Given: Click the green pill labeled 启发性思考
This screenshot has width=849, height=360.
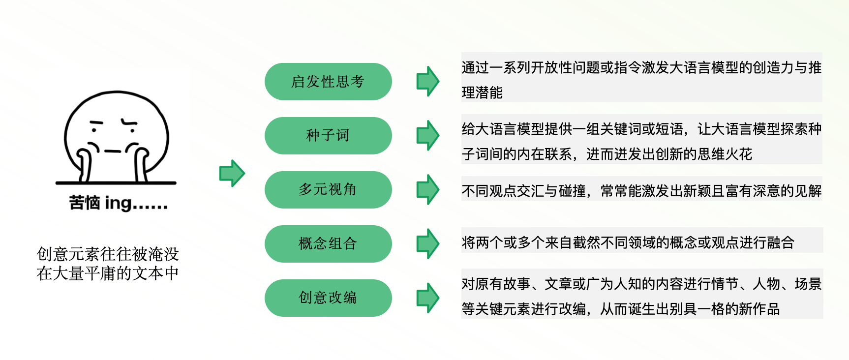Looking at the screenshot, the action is (328, 82).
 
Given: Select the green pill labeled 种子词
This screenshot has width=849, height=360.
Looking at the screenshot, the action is (328, 136).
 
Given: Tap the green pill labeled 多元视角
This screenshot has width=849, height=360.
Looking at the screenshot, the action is (328, 190).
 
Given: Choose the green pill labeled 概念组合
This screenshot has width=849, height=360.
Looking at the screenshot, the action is (328, 244).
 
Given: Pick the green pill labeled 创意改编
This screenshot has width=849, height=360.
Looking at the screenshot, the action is (328, 298).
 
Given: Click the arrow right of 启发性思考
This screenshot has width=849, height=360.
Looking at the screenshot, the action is (428, 81).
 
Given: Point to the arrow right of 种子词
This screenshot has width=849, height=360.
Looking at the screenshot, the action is (428, 135).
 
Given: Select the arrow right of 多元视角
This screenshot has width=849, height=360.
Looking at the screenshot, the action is (428, 189).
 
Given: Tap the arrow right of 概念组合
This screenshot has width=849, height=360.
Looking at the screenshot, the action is (428, 243).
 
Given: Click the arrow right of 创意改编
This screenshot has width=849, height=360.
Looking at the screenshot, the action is (428, 298).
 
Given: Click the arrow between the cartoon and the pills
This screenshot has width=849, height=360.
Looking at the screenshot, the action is (232, 173).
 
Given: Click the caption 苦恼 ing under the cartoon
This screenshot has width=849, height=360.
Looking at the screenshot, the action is (118, 203).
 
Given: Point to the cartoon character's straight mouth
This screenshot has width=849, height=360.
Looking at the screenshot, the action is (113, 151).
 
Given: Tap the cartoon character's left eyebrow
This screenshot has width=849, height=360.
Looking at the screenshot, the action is (96, 122).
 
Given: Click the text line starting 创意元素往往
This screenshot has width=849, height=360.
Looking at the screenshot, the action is (108, 254).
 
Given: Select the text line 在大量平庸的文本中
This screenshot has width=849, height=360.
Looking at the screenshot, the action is (108, 273).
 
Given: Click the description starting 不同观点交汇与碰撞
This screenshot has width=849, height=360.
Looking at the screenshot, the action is (641, 191).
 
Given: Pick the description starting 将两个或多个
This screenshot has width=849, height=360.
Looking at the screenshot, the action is (628, 242).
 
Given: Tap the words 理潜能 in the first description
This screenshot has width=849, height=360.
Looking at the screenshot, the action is (482, 92).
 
